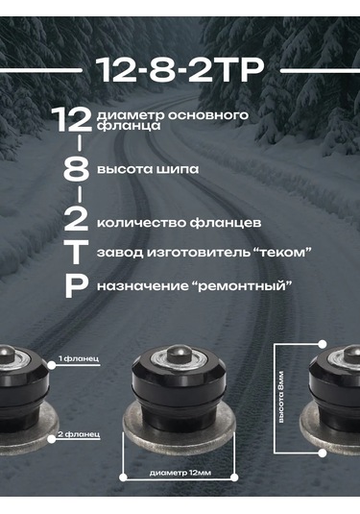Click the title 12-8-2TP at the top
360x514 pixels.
[180, 69]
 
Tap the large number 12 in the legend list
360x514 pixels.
[72, 119]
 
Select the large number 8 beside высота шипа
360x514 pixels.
[76, 170]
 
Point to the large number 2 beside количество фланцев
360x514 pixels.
[76, 219]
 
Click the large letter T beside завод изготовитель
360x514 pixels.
[77, 252]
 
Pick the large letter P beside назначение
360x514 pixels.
[77, 286]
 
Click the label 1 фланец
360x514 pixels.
[79, 358]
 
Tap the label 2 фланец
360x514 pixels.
[79, 434]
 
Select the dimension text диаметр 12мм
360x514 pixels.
[180, 473]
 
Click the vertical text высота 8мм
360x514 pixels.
[281, 397]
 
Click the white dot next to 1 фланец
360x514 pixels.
[52, 365]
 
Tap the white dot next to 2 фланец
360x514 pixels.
[52, 439]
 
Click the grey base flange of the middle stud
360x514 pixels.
[180, 428]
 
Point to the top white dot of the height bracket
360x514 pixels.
[323, 344]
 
